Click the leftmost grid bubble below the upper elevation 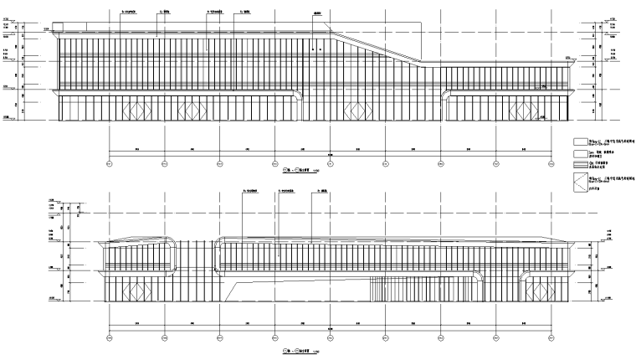110,162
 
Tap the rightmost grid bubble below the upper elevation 550,162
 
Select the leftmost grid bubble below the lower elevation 110,337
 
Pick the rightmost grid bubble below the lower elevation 550,337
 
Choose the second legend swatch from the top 580,154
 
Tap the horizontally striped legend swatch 580,165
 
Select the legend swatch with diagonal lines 580,183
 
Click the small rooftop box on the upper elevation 58,33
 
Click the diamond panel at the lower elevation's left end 132,291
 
